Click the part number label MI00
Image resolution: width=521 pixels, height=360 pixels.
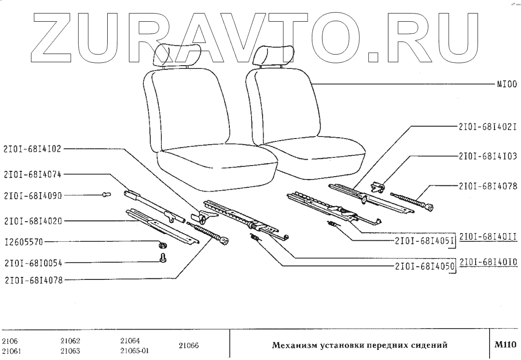[507, 83]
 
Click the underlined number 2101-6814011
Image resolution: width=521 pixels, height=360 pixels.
[488, 236]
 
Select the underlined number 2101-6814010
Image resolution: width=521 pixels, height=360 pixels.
[488, 263]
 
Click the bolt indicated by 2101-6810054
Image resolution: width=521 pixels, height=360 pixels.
[163, 259]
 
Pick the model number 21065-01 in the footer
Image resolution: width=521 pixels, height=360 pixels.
[134, 351]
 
